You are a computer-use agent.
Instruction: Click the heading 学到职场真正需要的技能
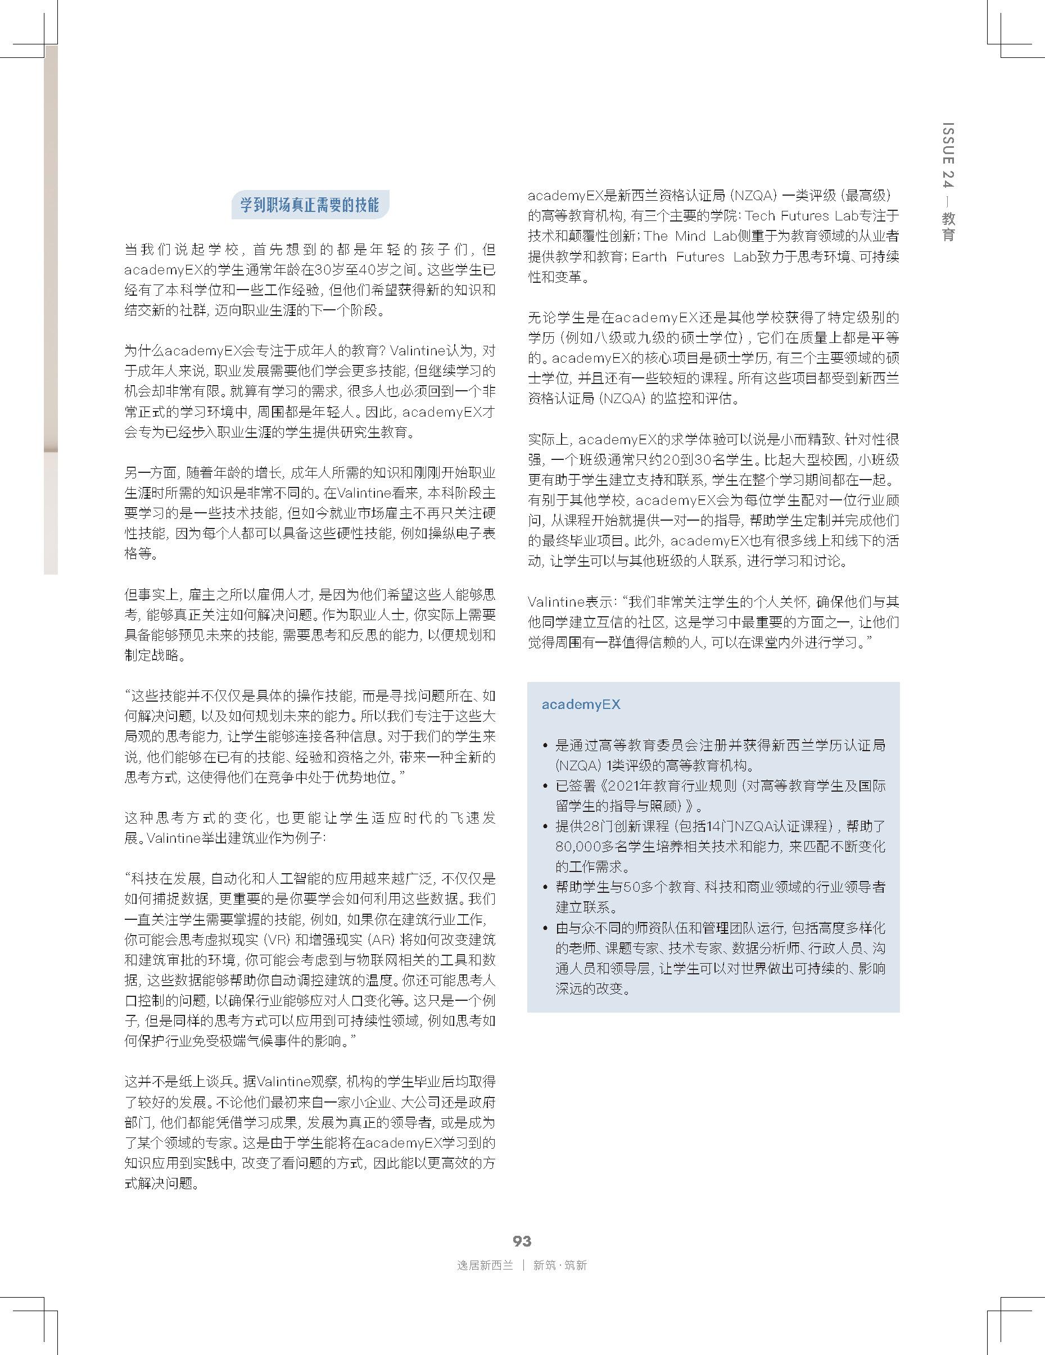(x=310, y=205)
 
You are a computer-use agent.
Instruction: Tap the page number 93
(x=522, y=1240)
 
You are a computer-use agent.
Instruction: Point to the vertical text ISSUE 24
(x=948, y=155)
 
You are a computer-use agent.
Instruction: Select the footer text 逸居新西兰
(x=485, y=1265)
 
